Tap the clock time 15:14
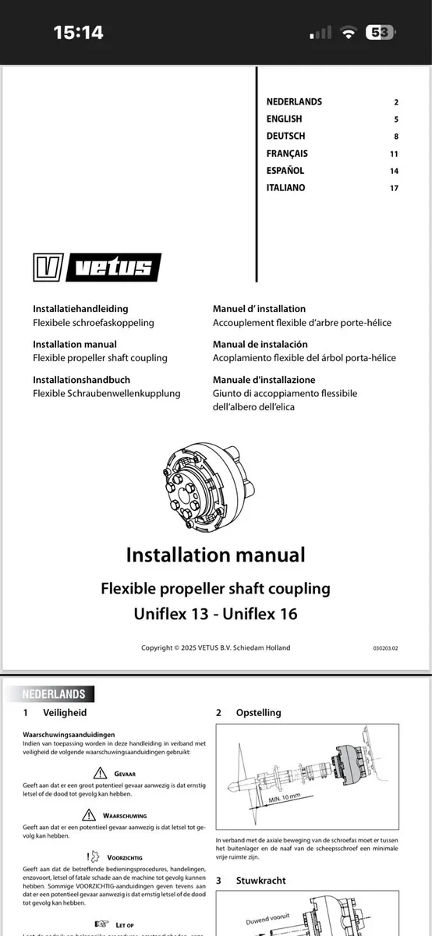click(78, 32)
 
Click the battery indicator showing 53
click(381, 32)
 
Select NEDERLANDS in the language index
click(294, 101)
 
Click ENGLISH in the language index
click(284, 119)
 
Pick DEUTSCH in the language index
click(285, 136)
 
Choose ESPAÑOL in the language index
click(285, 170)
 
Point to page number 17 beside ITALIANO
click(394, 187)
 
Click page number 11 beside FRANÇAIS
click(394, 153)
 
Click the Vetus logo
click(97, 268)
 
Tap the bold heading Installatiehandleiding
click(80, 309)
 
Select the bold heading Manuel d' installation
click(259, 309)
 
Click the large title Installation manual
click(215, 555)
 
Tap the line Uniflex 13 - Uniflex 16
click(215, 614)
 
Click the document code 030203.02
click(385, 648)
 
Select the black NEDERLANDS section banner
click(55, 693)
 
